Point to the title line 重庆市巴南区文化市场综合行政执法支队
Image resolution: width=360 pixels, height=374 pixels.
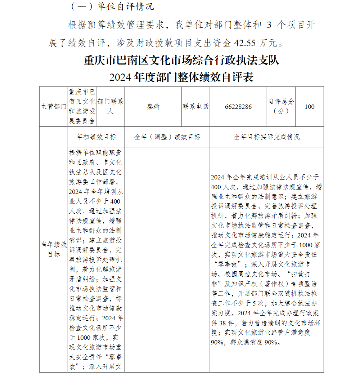coord(181,60)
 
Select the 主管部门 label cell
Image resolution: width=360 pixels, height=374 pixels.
coord(53,107)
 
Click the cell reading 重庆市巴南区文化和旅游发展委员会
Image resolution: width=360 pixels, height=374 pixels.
coord(82,107)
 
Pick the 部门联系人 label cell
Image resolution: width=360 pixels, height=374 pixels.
coord(111,107)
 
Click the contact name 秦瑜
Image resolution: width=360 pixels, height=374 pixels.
coord(153,107)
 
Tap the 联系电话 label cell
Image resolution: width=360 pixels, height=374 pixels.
coord(195,107)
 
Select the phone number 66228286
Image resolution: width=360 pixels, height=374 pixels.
coord(238,107)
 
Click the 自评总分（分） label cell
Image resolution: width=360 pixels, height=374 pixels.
coord(281,107)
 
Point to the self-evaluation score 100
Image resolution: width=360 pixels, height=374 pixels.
coord(309,107)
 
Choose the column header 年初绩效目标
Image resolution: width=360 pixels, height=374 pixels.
coord(96,137)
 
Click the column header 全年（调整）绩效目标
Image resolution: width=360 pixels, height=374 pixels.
coord(167,137)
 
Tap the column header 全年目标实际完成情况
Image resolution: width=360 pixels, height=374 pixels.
coord(266,137)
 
